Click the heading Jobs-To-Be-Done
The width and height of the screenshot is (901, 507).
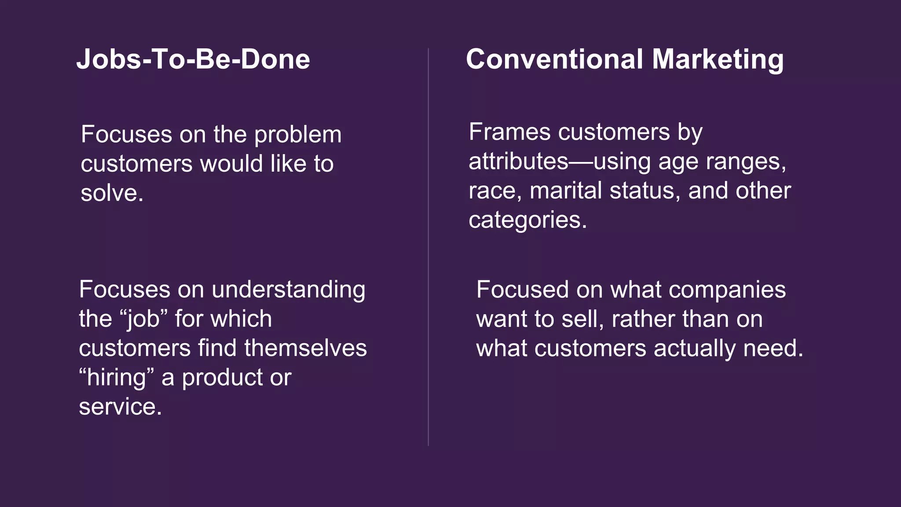(x=193, y=59)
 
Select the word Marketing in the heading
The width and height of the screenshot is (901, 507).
(x=718, y=59)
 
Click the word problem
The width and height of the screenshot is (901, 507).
(x=298, y=135)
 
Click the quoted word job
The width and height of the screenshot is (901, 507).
(x=143, y=319)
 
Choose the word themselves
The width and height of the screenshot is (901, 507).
(x=305, y=348)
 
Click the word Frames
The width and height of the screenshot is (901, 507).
(x=509, y=132)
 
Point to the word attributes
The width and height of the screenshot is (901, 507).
(x=518, y=162)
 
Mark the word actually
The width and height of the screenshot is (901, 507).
(x=694, y=349)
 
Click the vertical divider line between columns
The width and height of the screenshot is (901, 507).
(x=428, y=246)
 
